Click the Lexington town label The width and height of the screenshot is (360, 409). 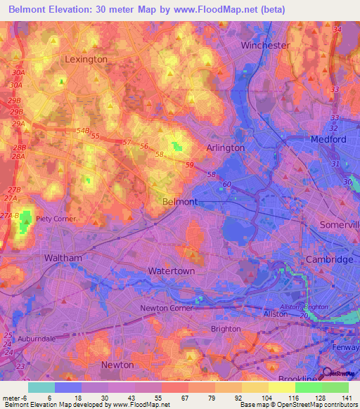pyautogui.click(x=86, y=59)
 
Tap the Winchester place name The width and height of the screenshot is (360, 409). pyautogui.click(x=265, y=45)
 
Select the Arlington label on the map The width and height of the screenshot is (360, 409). pyautogui.click(x=225, y=148)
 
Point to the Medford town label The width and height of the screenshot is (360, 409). pyautogui.click(x=328, y=139)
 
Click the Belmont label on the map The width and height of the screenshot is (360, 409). pyautogui.click(x=179, y=201)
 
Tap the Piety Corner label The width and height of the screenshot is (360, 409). pyautogui.click(x=56, y=219)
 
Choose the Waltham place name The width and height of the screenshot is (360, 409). pyautogui.click(x=63, y=258)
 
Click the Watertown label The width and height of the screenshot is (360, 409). pyautogui.click(x=171, y=271)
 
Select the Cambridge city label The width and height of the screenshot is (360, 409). pyautogui.click(x=329, y=259)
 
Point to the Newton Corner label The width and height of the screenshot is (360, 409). pyautogui.click(x=166, y=308)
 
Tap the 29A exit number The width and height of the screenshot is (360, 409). pyautogui.click(x=18, y=123)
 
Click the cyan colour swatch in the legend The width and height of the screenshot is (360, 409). pyautogui.click(x=41, y=387)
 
